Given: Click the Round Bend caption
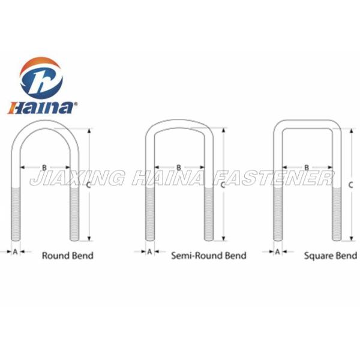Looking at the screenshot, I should (67, 256).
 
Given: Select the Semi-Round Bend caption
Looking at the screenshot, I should (208, 256).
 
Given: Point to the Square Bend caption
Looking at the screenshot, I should (330, 256).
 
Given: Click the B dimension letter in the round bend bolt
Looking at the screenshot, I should (44, 167).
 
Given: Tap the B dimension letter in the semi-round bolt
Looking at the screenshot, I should (179, 167).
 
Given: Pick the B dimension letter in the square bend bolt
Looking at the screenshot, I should (307, 167).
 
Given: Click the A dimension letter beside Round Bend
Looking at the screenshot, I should (16, 252).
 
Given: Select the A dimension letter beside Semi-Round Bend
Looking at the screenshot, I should (149, 252).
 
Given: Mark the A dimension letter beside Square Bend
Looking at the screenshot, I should (278, 252).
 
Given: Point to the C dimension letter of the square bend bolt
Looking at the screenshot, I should (351, 184).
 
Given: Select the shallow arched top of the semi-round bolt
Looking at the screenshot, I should (179, 124).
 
